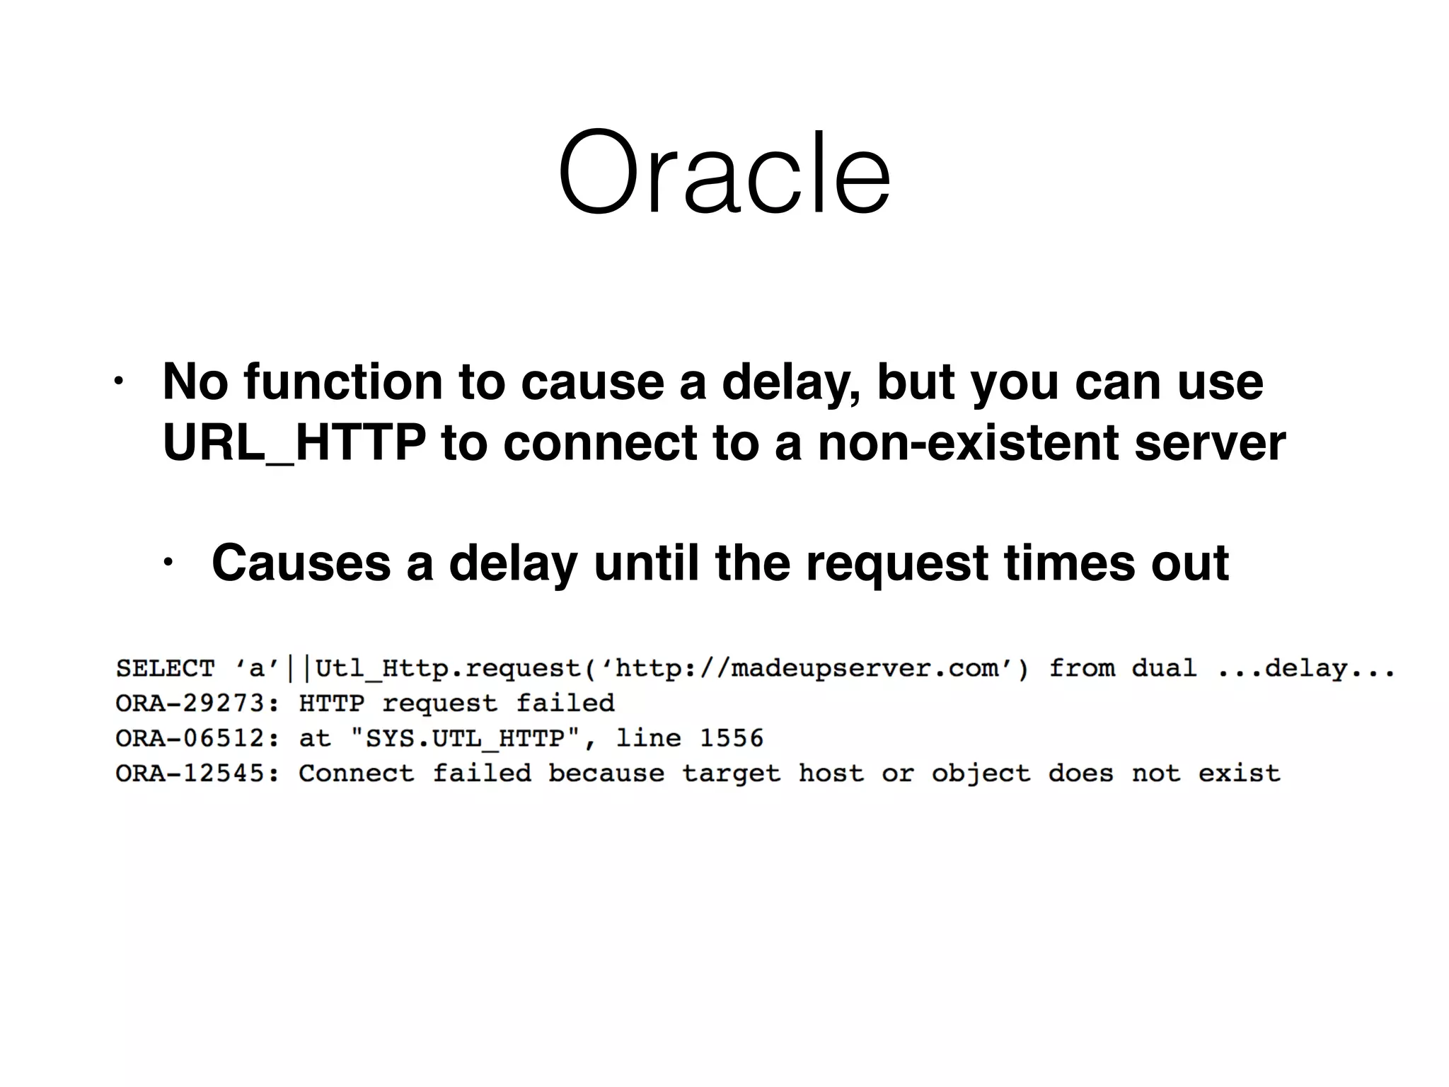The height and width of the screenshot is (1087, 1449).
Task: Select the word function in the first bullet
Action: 343,382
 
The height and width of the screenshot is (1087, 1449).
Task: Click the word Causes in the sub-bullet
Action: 301,564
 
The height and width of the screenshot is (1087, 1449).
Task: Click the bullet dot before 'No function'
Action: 118,383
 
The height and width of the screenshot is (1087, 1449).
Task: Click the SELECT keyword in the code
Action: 165,669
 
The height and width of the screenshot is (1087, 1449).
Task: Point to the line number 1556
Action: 732,738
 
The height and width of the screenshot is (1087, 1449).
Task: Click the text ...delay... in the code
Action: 1306,669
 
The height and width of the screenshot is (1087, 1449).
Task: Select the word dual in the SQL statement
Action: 1164,669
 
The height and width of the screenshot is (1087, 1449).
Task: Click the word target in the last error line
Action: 732,773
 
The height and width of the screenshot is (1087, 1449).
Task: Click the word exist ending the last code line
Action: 1239,773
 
